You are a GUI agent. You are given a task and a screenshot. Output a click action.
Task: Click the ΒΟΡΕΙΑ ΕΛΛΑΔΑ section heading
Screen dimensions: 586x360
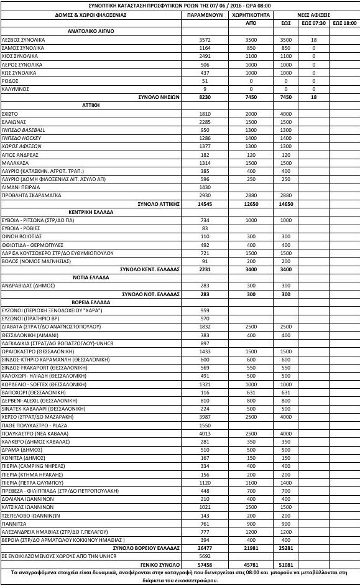(x=96, y=302)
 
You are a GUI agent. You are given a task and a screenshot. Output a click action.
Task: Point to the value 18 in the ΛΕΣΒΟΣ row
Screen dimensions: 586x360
(x=314, y=39)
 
